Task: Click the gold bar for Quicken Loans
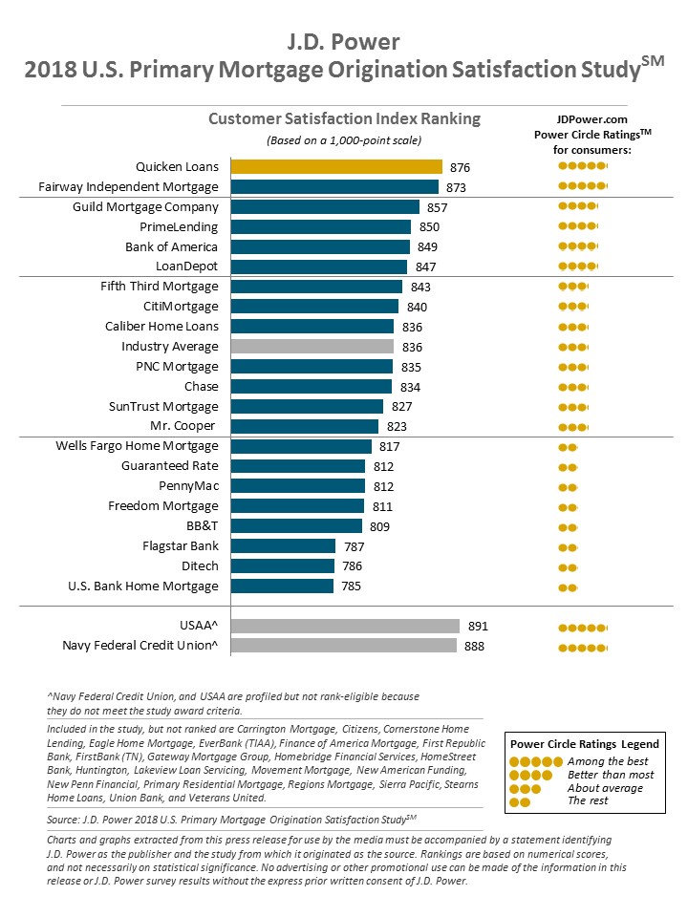pos(336,167)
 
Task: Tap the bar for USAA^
pos(346,627)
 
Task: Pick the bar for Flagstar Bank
pos(283,546)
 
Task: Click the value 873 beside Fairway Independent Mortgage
pos(458,187)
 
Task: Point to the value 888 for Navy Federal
pos(473,647)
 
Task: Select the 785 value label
pos(350,586)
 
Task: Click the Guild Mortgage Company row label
pos(145,207)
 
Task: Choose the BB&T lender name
pos(202,526)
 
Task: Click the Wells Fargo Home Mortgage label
pos(137,446)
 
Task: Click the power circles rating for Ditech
pos(569,566)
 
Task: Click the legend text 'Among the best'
pos(607,761)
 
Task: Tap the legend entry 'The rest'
pos(588,800)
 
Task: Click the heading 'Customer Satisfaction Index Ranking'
pos(344,119)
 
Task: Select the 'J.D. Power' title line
pos(344,42)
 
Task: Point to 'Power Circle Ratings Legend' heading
pos(584,744)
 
